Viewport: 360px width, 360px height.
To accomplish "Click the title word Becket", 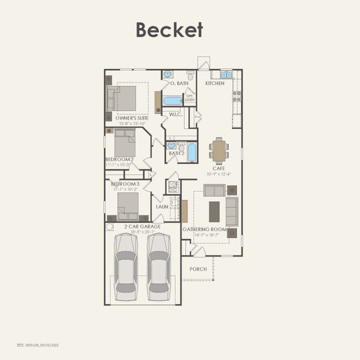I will pyautogui.click(x=169, y=29).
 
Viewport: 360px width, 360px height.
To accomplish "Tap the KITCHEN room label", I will pyautogui.click(x=215, y=83).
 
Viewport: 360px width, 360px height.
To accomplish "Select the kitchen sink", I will pyautogui.click(x=226, y=75).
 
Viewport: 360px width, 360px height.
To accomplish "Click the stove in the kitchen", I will pyautogui.click(x=237, y=95).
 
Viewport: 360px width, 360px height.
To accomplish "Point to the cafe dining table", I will pyautogui.click(x=219, y=151).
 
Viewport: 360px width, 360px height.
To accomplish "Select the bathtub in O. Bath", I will pyautogui.click(x=173, y=101).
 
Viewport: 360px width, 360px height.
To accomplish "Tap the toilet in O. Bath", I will pyautogui.click(x=190, y=76).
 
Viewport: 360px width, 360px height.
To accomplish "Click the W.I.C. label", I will pyautogui.click(x=175, y=114).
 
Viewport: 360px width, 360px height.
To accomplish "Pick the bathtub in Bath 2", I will pyautogui.click(x=192, y=152).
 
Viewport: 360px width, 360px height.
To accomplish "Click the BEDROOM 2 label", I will pyautogui.click(x=119, y=159).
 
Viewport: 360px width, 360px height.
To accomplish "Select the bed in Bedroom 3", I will pyautogui.click(x=128, y=204).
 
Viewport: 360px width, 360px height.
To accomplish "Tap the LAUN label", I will pyautogui.click(x=162, y=206).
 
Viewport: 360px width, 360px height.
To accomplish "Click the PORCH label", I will pyautogui.click(x=198, y=269).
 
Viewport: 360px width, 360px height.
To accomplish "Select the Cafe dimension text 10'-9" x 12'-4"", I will pyautogui.click(x=219, y=174).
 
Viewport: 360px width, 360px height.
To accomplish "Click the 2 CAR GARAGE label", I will pyautogui.click(x=139, y=226).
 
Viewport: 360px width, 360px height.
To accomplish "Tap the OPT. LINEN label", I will pyautogui.click(x=190, y=98).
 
